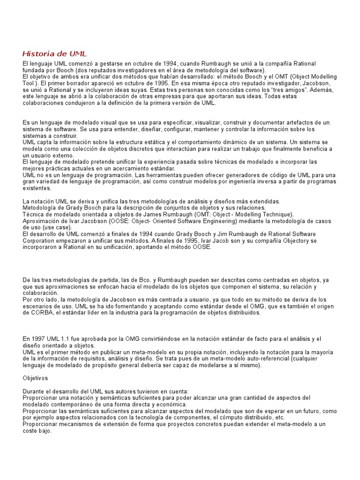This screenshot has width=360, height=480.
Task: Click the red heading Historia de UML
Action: (55, 53)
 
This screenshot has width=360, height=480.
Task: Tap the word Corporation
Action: (41, 240)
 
